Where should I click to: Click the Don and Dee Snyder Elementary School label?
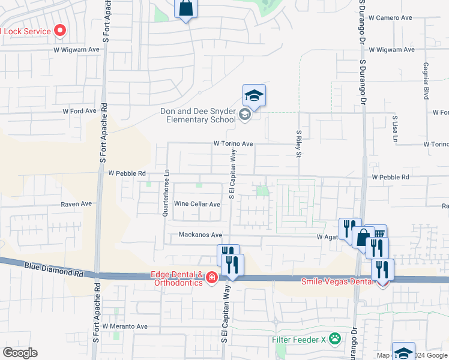[197, 115]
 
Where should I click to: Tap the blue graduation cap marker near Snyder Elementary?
[254, 96]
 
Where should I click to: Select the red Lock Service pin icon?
[60, 30]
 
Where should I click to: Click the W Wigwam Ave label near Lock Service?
[76, 50]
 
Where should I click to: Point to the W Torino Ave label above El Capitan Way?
[233, 144]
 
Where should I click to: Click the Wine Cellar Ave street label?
[197, 204]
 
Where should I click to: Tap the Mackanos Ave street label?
[200, 235]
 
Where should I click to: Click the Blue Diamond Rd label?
[54, 268]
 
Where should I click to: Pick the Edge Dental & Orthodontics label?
[177, 278]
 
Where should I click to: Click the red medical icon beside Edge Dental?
[211, 277]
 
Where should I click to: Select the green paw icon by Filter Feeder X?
[334, 338]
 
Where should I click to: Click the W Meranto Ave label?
[125, 326]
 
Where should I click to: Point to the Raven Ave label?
[76, 204]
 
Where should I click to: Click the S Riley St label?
[298, 144]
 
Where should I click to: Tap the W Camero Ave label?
[390, 18]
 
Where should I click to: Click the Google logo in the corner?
[19, 353]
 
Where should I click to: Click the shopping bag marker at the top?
[185, 10]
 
